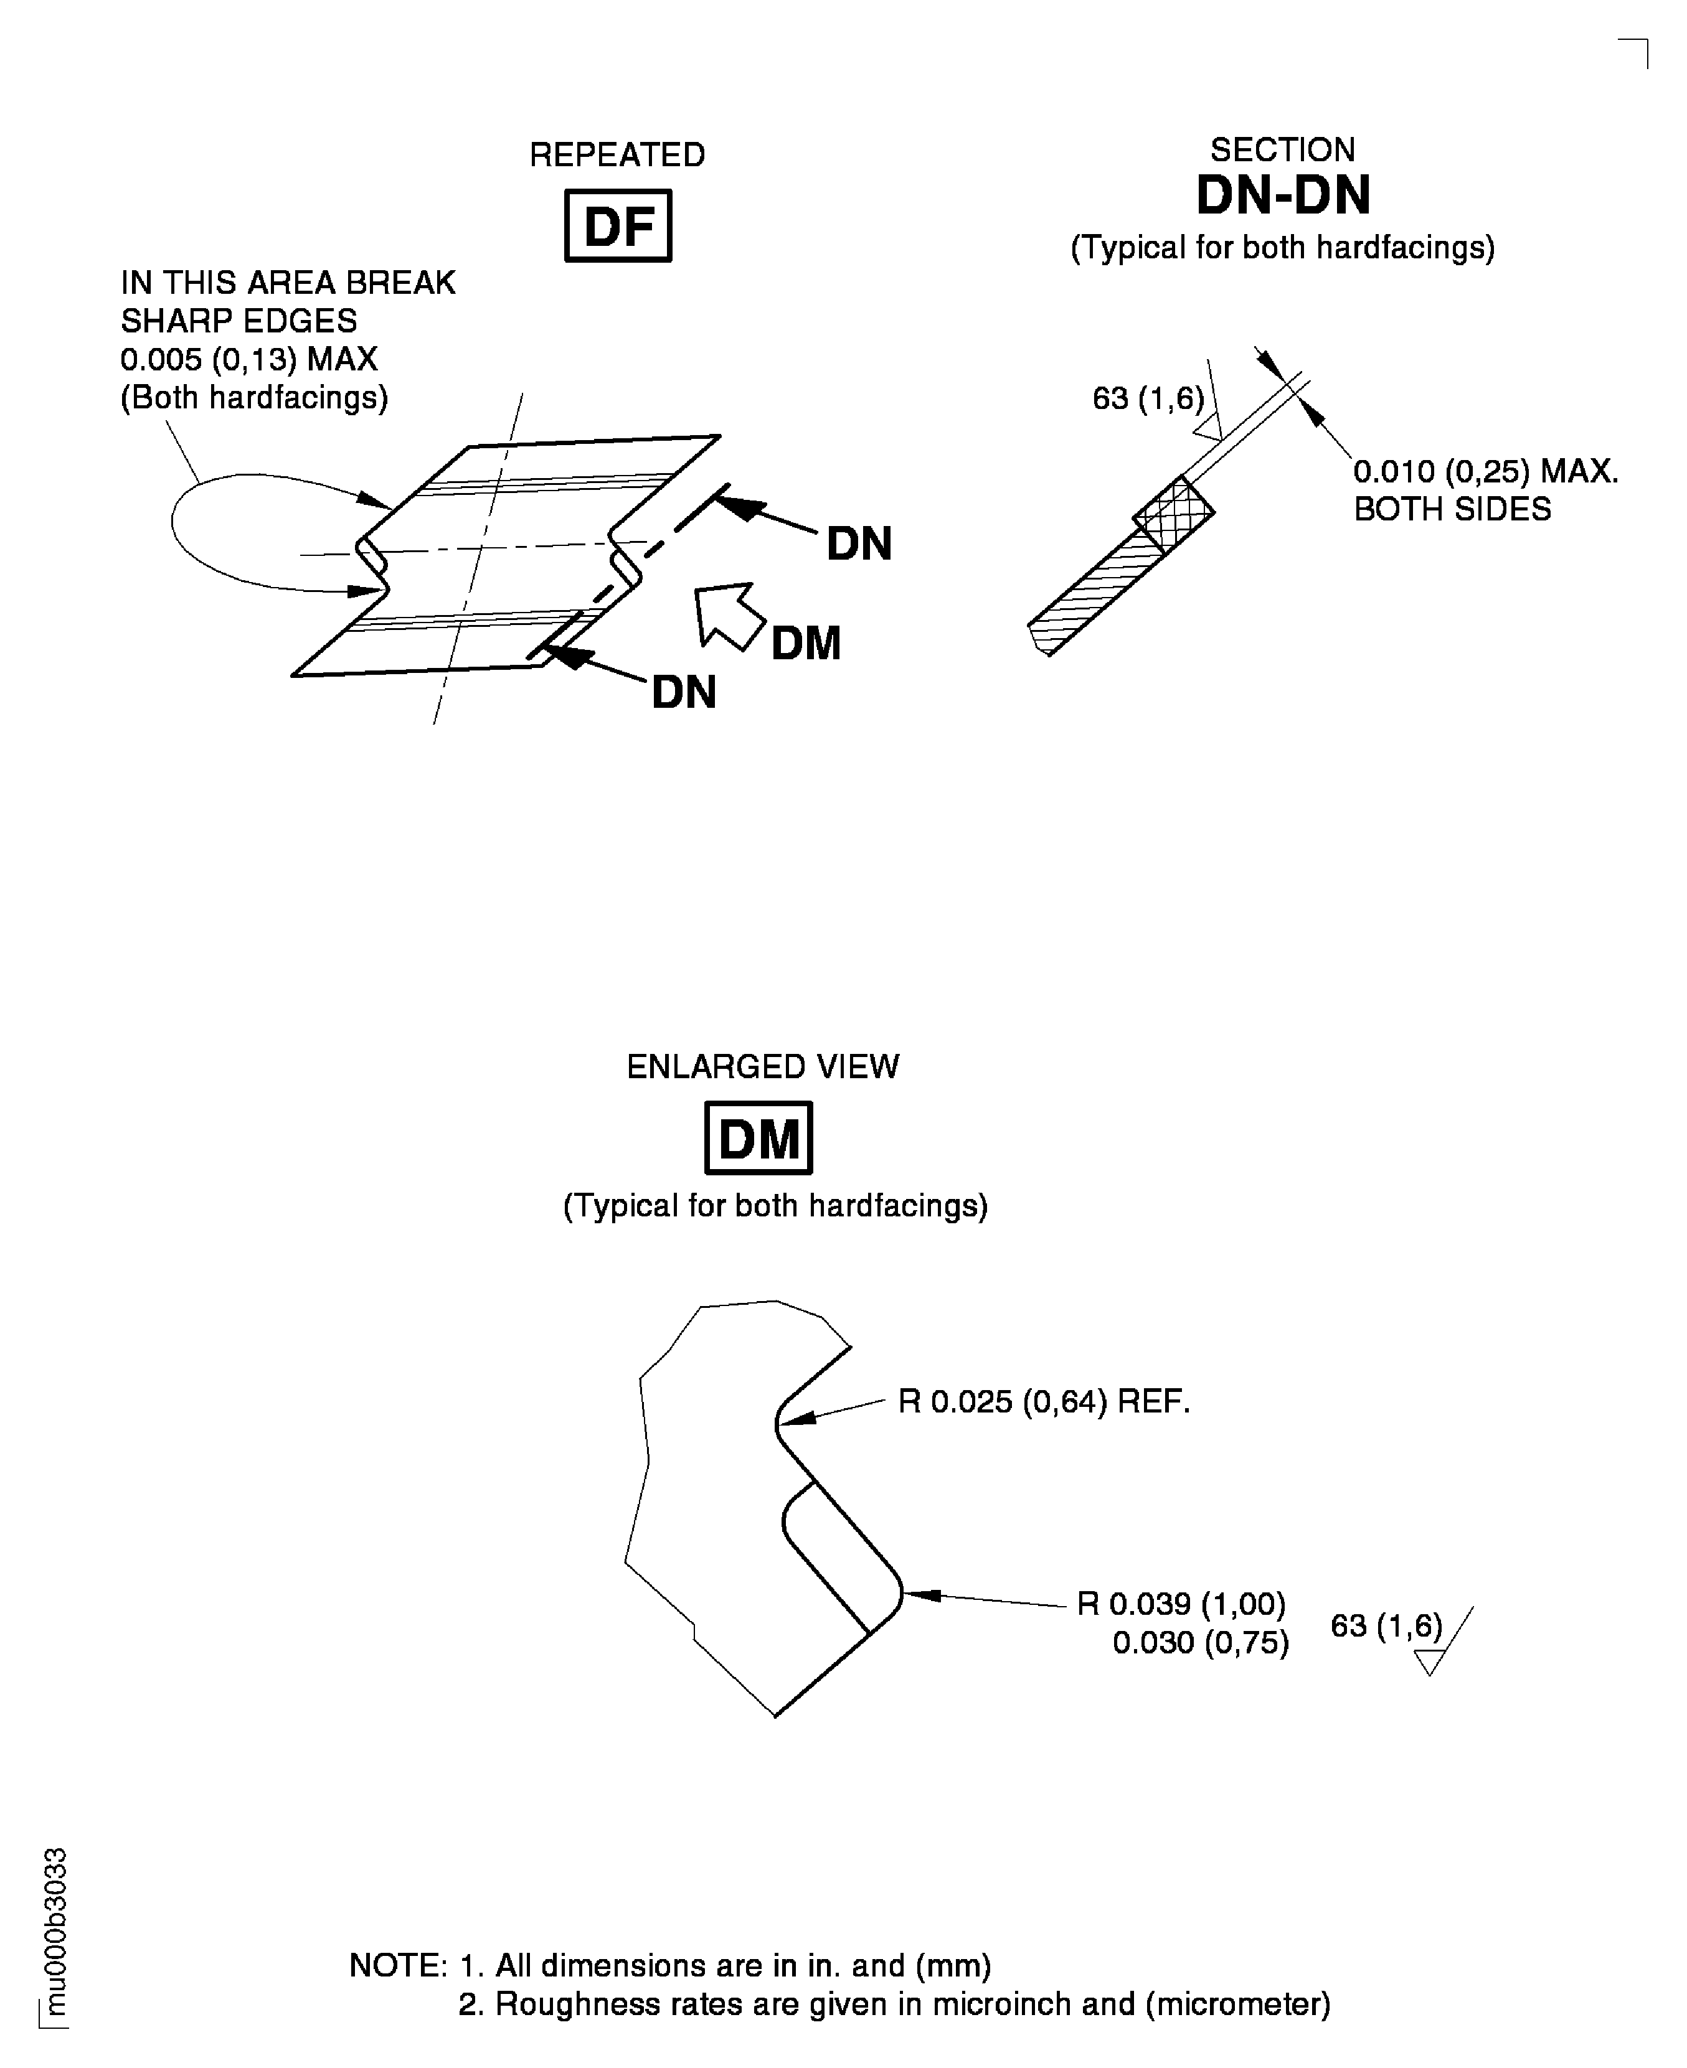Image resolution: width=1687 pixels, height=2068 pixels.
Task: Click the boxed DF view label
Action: (x=617, y=225)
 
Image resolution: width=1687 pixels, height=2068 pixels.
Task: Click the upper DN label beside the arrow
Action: (x=859, y=544)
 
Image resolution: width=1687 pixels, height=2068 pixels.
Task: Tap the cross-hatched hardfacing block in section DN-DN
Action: (x=1174, y=514)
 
